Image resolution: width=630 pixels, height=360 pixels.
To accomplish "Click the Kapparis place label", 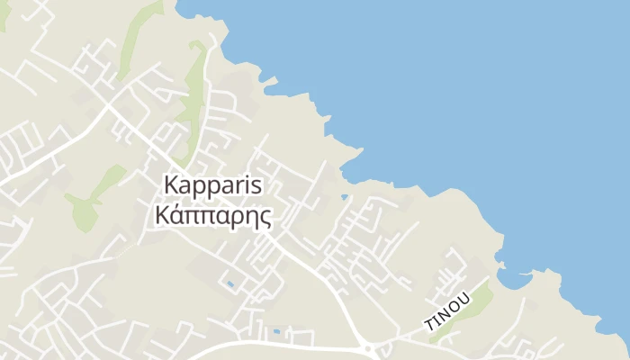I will tap(212, 184).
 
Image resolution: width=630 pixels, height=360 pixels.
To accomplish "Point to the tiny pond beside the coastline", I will tap(345, 197).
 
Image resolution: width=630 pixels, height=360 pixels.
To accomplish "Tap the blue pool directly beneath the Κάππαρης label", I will tap(230, 284).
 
